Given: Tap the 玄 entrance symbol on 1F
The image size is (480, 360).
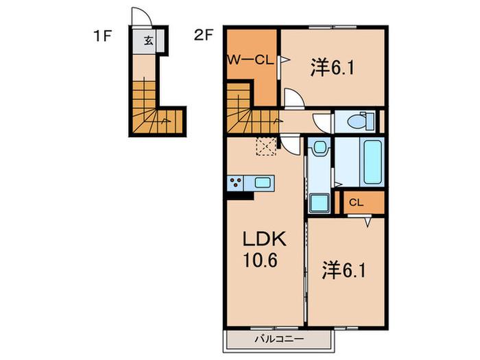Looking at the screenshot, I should (x=149, y=40).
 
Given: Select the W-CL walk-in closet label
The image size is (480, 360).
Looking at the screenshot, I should (x=250, y=59).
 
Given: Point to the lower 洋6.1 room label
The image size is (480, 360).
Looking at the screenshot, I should (x=344, y=270).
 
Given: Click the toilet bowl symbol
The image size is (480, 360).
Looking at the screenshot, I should (x=359, y=121).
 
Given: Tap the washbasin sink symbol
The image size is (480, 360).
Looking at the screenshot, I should (x=318, y=149).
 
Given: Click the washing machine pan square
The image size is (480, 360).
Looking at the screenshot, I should (x=320, y=203).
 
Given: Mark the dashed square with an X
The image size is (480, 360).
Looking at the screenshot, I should (x=265, y=145).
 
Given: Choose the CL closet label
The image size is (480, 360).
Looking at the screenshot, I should (x=355, y=202).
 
